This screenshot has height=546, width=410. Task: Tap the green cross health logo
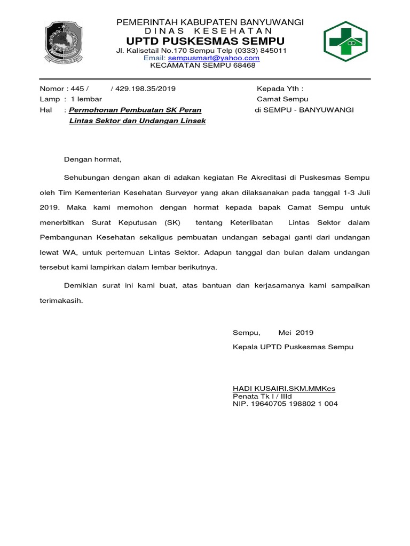click(346, 42)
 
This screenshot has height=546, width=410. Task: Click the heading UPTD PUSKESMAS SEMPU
click(206, 42)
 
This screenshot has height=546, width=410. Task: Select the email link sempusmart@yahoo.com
click(214, 58)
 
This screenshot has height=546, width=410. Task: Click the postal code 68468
click(245, 66)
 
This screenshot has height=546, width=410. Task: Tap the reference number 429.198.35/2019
click(143, 89)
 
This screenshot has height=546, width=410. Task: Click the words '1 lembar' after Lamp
click(86, 99)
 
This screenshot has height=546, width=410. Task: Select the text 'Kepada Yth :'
click(280, 89)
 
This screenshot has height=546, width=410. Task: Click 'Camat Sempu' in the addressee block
click(282, 99)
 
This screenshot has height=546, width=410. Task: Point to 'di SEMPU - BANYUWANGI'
click(304, 110)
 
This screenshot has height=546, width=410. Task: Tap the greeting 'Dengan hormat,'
click(93, 159)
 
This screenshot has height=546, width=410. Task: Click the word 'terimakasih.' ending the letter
click(61, 300)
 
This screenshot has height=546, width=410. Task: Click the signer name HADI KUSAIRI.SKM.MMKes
click(284, 388)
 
